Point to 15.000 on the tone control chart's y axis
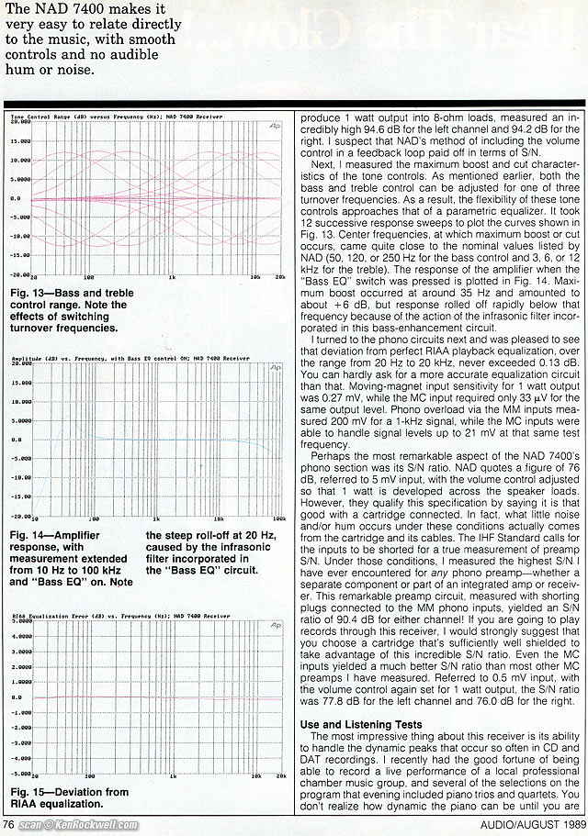point(20,141)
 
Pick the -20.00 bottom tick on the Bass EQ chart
point(20,518)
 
